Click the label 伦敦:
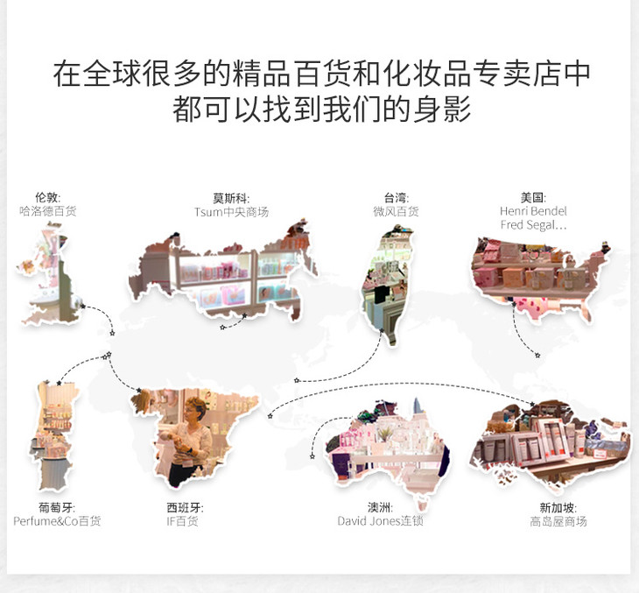coord(47,197)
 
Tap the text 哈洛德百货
coord(47,211)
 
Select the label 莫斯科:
coord(231,198)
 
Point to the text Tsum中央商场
coord(231,212)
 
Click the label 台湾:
coord(397,198)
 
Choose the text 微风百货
coord(397,211)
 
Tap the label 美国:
coord(533,197)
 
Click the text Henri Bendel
coord(533,211)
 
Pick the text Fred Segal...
coord(528,225)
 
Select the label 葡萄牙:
coord(57,507)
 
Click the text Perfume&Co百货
coord(57,521)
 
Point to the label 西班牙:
coord(185,507)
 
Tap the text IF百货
coord(182,521)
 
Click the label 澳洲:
coord(380,507)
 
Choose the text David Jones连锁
coord(380,521)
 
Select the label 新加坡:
coord(558,508)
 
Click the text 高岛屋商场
coord(558,521)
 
